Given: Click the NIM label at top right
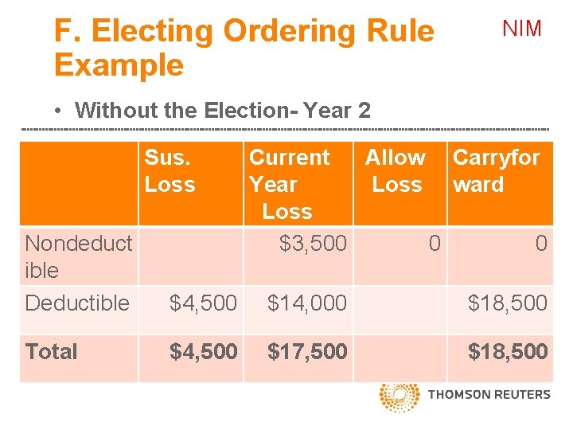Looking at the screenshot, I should tap(522, 29).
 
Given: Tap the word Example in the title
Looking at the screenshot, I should tap(119, 64).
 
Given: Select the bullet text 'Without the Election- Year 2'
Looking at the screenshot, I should tap(223, 110).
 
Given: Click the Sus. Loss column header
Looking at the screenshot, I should tap(170, 171).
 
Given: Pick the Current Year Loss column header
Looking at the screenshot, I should tap(289, 184).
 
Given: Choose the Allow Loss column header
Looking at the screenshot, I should tap(396, 171).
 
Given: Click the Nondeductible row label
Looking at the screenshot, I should tap(78, 256).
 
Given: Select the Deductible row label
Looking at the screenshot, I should tap(77, 303).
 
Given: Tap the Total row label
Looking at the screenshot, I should tap(52, 351).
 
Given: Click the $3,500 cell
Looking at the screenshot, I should tap(313, 243).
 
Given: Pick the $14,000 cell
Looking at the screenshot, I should tap(307, 303).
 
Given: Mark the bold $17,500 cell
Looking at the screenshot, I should tap(307, 351).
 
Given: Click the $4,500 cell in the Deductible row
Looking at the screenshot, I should tap(203, 303).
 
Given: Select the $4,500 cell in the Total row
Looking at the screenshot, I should tap(203, 351).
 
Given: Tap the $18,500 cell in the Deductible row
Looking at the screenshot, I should tap(507, 303).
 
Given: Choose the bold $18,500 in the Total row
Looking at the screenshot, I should tap(507, 351).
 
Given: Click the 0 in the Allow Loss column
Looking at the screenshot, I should tap(434, 243).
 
